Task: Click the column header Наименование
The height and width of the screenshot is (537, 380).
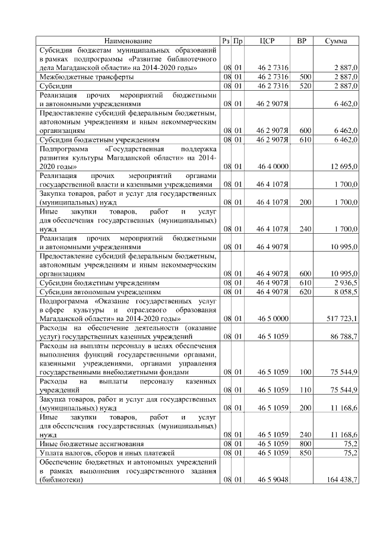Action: [128, 41]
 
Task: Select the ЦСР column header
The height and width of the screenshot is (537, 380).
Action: [267, 41]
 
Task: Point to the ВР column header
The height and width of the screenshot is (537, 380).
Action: [302, 41]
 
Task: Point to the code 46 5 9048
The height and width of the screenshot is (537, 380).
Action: [273, 480]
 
